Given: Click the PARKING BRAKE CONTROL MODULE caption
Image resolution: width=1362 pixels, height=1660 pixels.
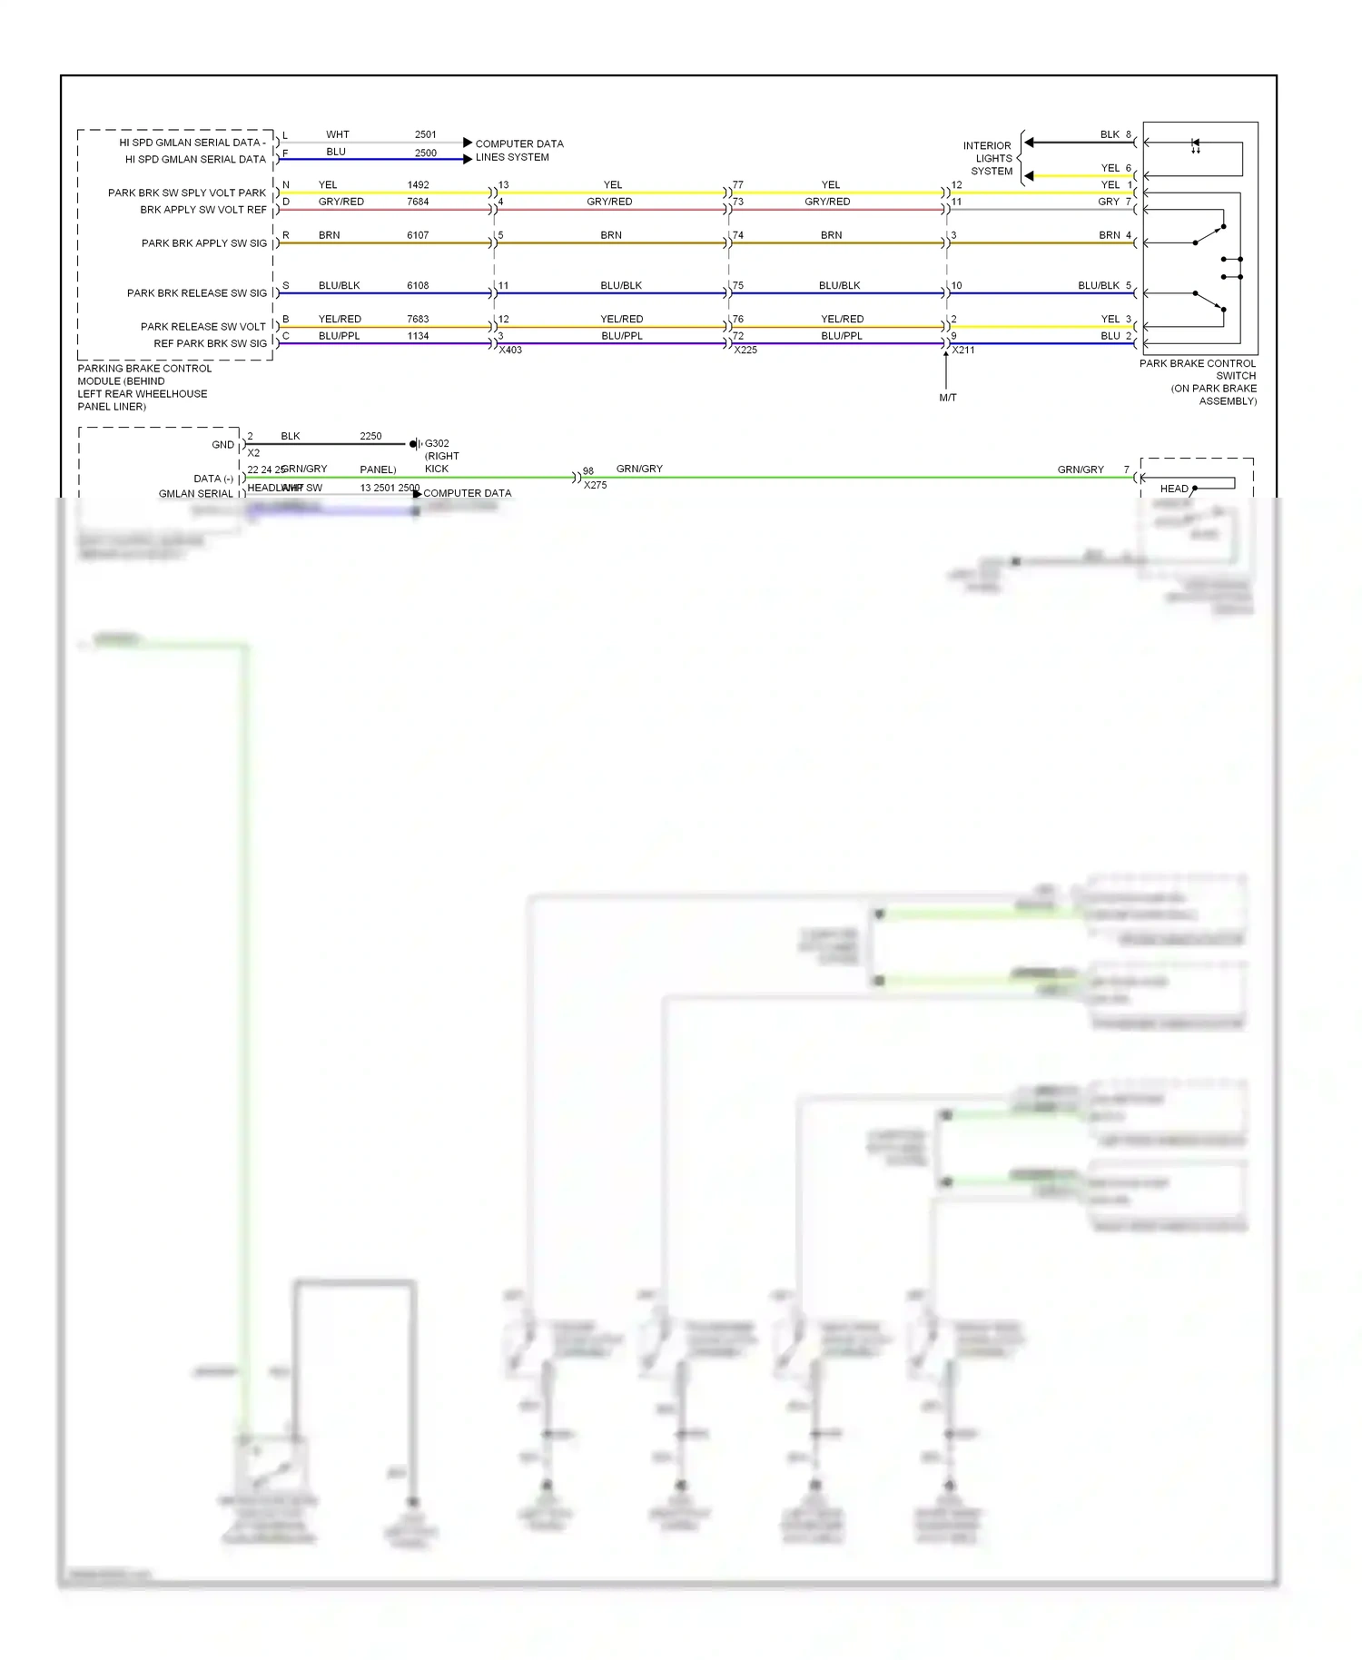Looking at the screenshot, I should point(143,387).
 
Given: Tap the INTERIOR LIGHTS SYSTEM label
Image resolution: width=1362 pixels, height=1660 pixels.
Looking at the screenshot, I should point(989,158).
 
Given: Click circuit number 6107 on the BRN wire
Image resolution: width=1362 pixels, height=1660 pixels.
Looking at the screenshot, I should point(418,235).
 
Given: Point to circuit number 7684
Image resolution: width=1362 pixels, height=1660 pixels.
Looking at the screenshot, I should point(418,202).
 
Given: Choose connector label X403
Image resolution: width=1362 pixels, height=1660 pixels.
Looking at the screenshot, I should point(510,351).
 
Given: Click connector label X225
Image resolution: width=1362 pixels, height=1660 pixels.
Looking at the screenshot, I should point(745,351).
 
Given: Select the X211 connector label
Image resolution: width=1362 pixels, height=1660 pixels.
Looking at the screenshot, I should point(963,351).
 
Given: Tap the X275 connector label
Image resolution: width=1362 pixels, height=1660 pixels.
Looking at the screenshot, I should point(596,486).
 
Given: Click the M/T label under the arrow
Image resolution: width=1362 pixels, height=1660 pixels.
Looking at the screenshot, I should point(948,398).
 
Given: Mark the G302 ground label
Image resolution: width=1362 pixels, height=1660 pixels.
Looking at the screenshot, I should point(437,444).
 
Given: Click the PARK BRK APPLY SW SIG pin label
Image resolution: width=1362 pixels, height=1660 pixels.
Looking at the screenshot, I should point(204,243).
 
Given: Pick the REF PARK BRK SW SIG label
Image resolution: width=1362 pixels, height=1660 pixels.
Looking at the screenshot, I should point(211,343).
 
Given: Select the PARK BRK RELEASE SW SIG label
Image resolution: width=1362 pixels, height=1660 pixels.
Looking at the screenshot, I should point(197,293).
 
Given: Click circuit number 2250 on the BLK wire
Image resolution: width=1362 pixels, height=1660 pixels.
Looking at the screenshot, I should point(370,436).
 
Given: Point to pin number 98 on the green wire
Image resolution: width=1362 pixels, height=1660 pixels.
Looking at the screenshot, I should point(588,471).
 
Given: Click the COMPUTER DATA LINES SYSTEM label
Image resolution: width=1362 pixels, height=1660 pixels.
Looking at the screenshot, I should point(518,151).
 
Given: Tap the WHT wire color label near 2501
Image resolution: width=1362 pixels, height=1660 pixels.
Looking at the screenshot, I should point(338,134).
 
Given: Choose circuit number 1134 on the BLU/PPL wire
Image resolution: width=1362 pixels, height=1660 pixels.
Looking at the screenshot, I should point(418,336).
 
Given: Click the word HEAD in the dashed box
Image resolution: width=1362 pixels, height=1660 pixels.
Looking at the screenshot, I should point(1174,489).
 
